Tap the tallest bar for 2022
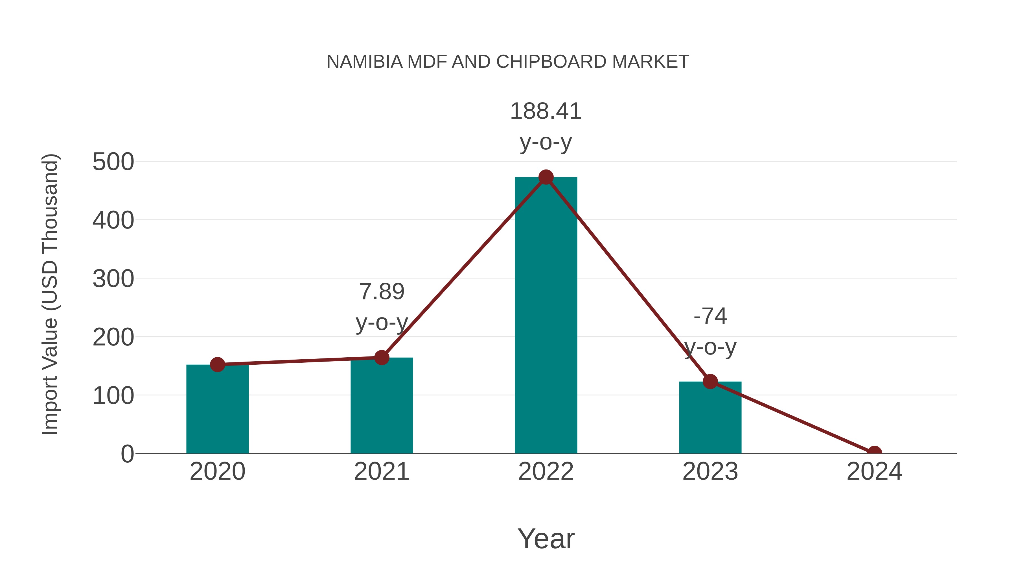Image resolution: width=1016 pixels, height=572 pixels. (546, 316)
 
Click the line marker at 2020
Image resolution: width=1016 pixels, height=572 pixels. (217, 364)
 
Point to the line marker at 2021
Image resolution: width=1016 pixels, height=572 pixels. (381, 358)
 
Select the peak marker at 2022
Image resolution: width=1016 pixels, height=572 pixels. (546, 177)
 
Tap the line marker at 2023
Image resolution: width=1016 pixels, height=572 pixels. (710, 381)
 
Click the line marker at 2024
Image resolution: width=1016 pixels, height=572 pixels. (874, 453)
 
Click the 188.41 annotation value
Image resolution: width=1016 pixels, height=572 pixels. (546, 111)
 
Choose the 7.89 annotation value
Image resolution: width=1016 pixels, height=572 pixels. (381, 292)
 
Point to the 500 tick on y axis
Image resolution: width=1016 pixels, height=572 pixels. (113, 162)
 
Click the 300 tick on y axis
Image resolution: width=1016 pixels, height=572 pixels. (113, 279)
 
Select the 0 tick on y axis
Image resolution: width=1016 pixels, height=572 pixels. (127, 454)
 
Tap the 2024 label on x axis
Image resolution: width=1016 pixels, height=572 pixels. (874, 471)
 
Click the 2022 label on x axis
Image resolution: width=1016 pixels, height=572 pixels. (546, 471)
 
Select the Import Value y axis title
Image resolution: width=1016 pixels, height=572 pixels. (51, 294)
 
